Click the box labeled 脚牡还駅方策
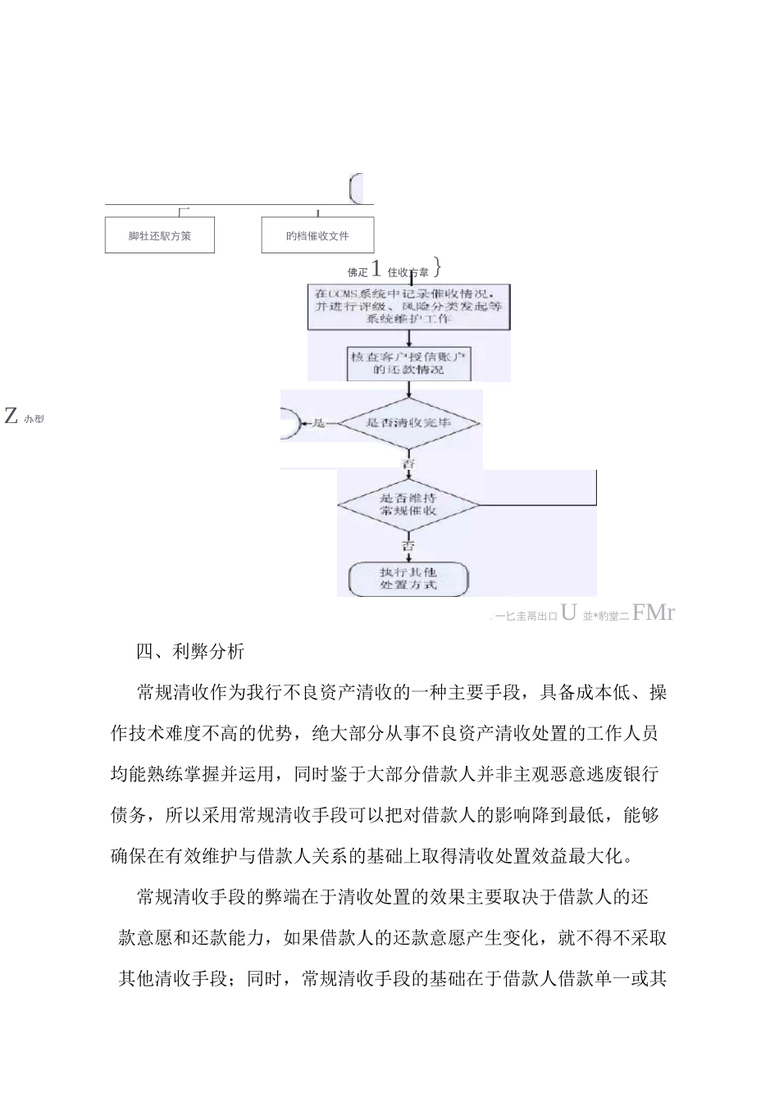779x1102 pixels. pos(160,235)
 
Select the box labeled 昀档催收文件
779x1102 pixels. pos(317,235)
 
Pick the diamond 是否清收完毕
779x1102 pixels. pos(409,423)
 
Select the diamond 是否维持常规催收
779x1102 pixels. pos(409,503)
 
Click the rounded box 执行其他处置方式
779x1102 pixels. pos(408,579)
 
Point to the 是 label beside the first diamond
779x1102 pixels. pos(319,423)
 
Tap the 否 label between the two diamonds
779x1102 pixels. pos(408,464)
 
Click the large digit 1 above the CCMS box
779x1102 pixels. pos(376,269)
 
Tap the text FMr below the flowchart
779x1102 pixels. pos(654,612)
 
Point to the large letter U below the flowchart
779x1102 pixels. pos(568,612)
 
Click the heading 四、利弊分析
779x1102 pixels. pos(190,653)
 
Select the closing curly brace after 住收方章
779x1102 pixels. pos(438,268)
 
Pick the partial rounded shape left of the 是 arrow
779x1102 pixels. pos(290,424)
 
